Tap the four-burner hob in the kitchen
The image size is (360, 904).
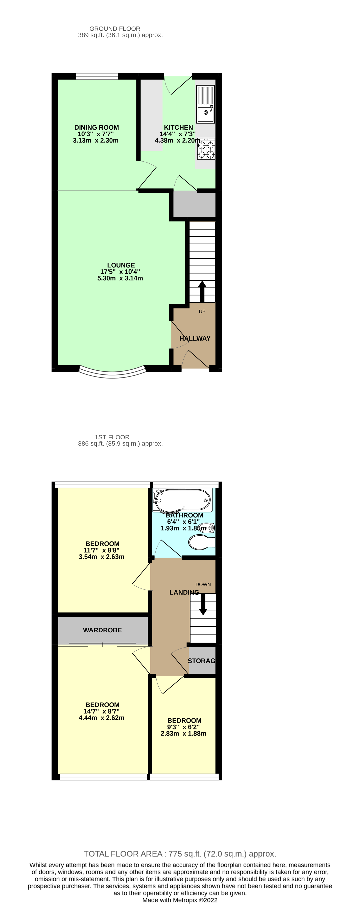coord(206,149)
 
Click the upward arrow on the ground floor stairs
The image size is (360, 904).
coord(202,291)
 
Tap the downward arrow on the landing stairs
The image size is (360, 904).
coord(203,604)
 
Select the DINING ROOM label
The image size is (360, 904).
coord(97,127)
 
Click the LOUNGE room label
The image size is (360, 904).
coord(121,265)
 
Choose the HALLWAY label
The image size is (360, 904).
coord(195,338)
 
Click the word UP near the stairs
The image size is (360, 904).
coord(202,312)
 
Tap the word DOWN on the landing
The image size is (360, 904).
coord(203,584)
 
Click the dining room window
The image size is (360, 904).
coord(97,76)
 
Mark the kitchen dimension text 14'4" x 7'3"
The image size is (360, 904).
coord(178,134)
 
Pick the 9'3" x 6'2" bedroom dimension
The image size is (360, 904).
coord(183,727)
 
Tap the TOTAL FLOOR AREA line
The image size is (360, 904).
coord(180,854)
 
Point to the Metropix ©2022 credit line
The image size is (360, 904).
coord(180,900)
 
